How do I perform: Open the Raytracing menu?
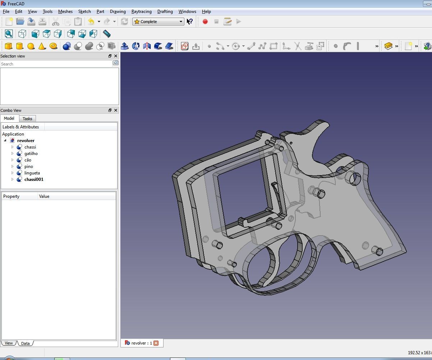click(141, 12)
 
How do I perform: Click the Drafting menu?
click(165, 12)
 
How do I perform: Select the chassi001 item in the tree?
click(34, 179)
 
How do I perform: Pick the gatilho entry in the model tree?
click(31, 154)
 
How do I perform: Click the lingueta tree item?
click(32, 173)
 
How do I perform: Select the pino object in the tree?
click(29, 167)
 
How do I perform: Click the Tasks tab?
click(27, 119)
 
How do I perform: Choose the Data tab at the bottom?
click(25, 343)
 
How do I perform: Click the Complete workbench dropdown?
click(158, 22)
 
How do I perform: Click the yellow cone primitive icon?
click(42, 46)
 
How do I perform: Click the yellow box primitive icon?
click(8, 46)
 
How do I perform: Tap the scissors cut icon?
click(55, 22)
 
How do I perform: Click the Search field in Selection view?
click(56, 64)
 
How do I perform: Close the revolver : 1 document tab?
click(156, 343)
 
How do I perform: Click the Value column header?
click(44, 196)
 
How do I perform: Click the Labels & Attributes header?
click(21, 127)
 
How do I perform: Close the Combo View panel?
click(116, 110)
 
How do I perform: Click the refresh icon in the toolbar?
click(124, 22)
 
